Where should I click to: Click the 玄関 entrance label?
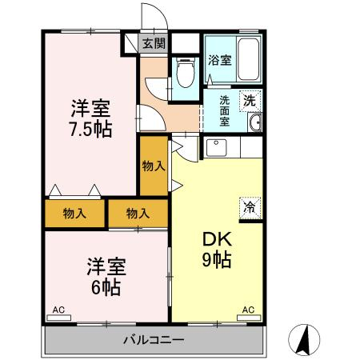tap(154, 43)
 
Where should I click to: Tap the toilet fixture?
tap(186, 73)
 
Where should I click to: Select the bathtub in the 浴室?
tap(248, 59)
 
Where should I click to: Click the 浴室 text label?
tap(220, 60)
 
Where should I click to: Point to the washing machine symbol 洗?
tap(250, 101)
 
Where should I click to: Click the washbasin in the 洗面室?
tap(255, 122)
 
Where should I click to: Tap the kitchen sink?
tap(216, 147)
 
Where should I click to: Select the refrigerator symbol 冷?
tap(250, 208)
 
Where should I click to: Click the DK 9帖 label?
tap(217, 250)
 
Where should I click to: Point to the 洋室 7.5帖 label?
tap(90, 118)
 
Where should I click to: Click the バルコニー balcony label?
tap(154, 340)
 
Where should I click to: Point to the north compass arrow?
tap(304, 340)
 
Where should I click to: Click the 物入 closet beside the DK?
tap(154, 166)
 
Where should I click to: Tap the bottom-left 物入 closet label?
tap(74, 214)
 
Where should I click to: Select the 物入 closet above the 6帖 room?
tap(138, 214)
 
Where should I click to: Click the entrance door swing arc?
tap(160, 10)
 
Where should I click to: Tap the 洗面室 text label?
tap(225, 110)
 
